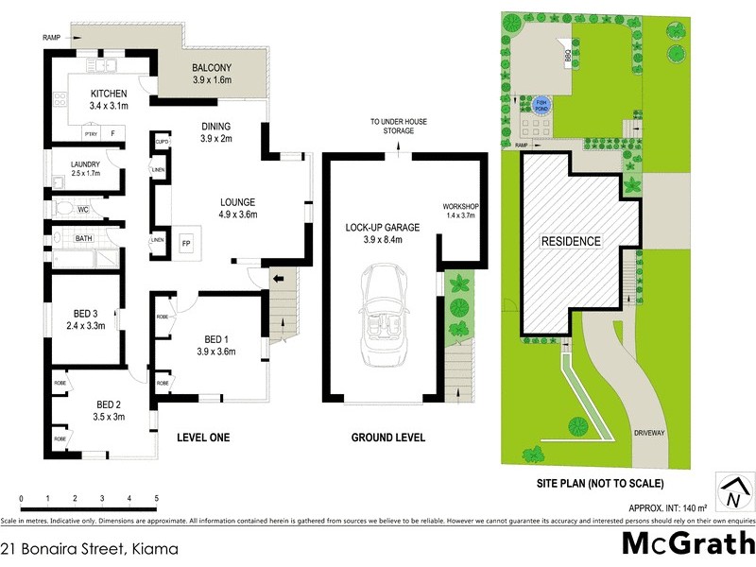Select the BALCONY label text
(213, 69)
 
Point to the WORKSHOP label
(460, 207)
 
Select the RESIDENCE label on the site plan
(570, 241)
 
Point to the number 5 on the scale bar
(156, 499)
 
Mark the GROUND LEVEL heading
(387, 438)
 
